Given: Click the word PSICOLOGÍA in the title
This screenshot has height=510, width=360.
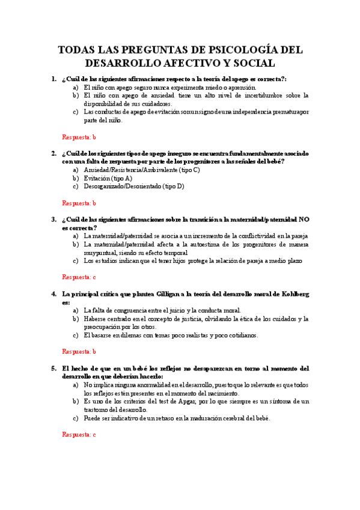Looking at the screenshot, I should click(x=239, y=49).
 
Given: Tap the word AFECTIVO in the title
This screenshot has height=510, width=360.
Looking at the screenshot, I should click(x=190, y=63).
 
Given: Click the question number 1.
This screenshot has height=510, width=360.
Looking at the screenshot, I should click(x=53, y=79).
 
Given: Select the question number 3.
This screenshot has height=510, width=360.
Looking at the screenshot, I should click(x=53, y=219).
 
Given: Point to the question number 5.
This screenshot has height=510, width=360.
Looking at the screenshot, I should click(x=53, y=367).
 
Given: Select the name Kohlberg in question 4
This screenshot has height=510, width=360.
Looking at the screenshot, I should click(x=291, y=293).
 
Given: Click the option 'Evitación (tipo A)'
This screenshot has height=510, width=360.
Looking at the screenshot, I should click(x=108, y=179).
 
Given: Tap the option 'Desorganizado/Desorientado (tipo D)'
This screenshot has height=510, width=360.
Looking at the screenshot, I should click(x=134, y=186).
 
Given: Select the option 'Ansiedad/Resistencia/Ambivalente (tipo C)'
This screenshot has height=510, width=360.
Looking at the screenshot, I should click(x=142, y=170).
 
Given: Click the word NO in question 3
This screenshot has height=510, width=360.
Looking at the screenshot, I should click(x=304, y=219).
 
